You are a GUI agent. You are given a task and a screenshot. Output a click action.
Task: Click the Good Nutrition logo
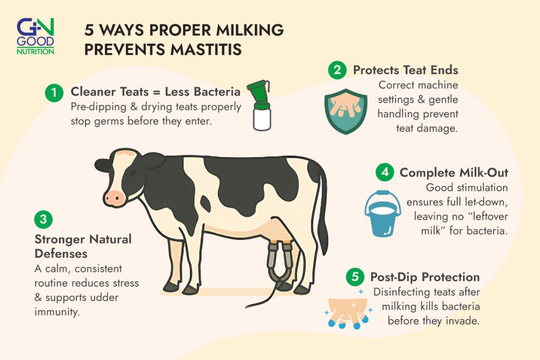[35, 36]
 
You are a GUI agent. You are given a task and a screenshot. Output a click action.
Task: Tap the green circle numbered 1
[53, 93]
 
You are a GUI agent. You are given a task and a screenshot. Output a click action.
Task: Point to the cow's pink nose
[114, 198]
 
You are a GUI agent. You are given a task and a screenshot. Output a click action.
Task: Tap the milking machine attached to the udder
[279, 264]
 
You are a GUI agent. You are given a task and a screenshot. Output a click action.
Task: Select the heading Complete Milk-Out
[454, 172]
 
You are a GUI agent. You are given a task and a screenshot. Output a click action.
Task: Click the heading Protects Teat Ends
[406, 70]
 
